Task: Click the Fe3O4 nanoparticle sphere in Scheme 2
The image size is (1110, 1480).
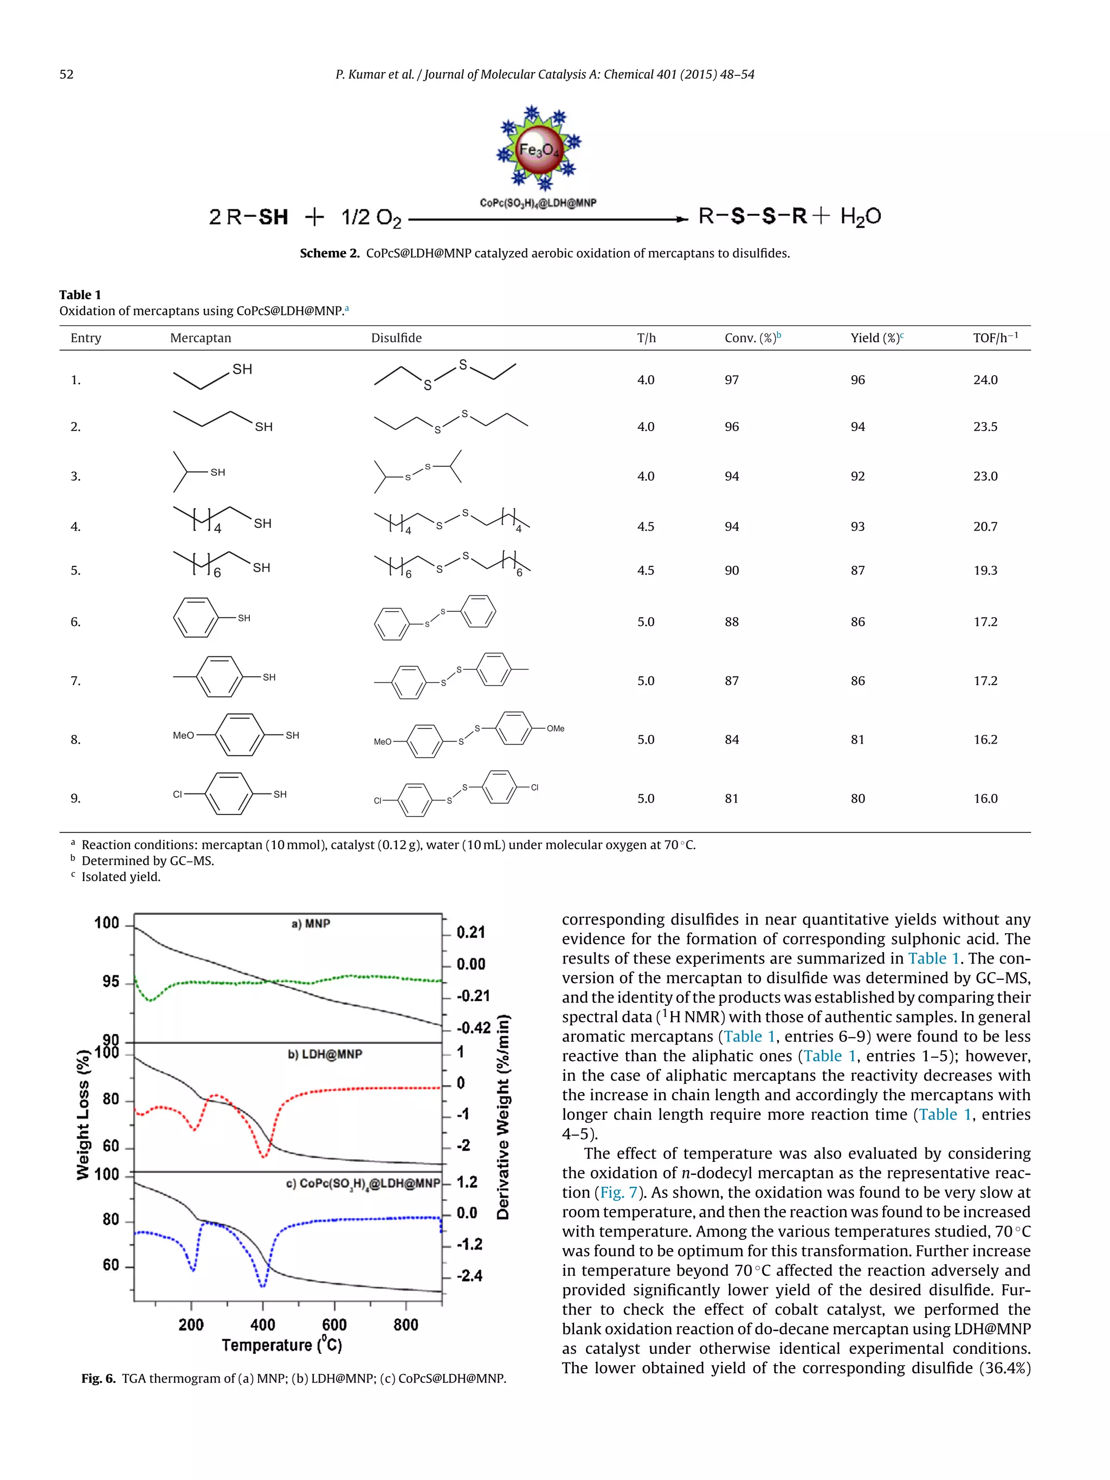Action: pos(538,150)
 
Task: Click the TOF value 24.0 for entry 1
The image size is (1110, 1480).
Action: pos(985,380)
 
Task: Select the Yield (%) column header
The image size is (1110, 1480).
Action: pos(876,338)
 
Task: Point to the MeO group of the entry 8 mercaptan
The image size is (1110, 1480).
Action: pos(183,735)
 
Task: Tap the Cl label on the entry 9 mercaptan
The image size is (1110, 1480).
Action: pos(177,794)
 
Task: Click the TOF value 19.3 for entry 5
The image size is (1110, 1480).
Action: pos(985,571)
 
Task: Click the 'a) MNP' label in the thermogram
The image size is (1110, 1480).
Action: pos(311,923)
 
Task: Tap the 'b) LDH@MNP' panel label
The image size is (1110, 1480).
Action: pos(325,1054)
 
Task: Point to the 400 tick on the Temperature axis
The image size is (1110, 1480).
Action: pos(262,1325)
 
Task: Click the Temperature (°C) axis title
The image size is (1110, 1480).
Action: pos(282,1345)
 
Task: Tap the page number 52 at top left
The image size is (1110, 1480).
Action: pos(66,74)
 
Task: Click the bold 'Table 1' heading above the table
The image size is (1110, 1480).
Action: pos(80,295)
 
